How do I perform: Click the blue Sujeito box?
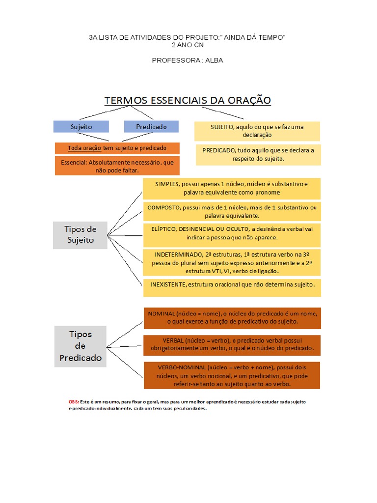(81, 127)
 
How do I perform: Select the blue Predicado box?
(151, 127)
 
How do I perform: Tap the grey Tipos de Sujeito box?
(80, 235)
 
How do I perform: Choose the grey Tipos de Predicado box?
(81, 346)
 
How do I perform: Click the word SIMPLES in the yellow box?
(168, 184)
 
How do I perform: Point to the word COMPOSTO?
(163, 208)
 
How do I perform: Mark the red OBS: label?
(73, 402)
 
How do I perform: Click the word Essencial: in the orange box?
(74, 162)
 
